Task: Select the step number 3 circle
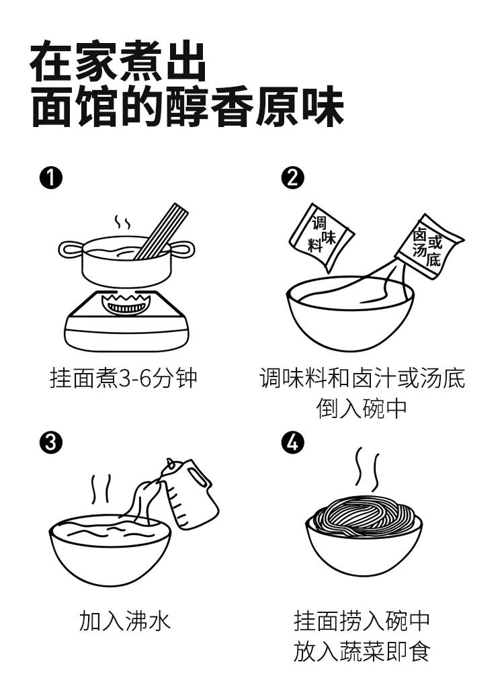51,442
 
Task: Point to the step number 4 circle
294,442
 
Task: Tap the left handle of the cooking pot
70,249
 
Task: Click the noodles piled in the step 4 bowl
363,516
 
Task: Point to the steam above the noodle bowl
367,470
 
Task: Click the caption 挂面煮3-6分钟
124,378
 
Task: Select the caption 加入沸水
125,620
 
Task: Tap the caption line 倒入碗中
362,408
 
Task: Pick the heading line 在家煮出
118,63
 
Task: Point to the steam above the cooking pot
122,223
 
